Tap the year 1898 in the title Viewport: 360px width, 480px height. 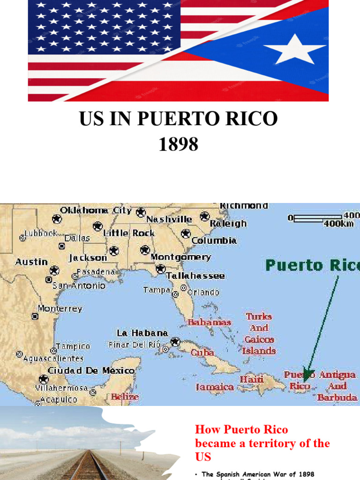click(x=178, y=145)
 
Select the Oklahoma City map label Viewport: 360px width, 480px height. click(x=96, y=210)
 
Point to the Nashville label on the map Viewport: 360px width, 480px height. click(x=169, y=219)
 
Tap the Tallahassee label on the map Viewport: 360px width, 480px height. click(x=196, y=276)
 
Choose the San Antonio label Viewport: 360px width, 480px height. click(x=79, y=285)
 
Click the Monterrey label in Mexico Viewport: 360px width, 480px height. click(x=60, y=309)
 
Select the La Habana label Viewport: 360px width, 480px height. click(x=142, y=333)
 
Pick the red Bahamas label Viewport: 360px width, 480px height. click(x=209, y=322)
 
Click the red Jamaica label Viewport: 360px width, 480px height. click(x=215, y=387)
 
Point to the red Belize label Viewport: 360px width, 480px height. click(x=125, y=397)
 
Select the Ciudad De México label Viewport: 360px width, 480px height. click(x=91, y=371)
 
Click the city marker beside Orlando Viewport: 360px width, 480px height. click(x=183, y=288)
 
